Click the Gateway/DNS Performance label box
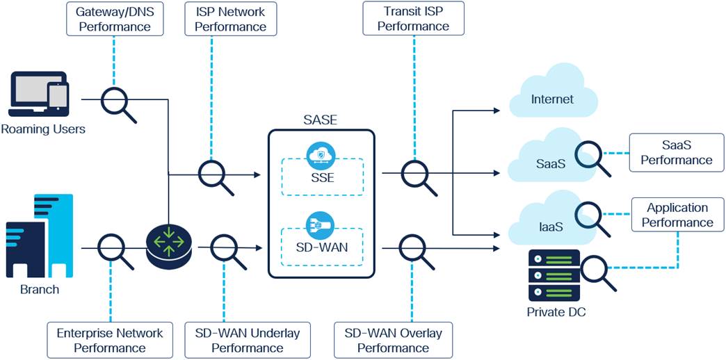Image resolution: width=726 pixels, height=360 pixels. [115, 19]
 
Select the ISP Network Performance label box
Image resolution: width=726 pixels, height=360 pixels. [231, 19]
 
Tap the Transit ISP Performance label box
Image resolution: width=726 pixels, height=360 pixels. [413, 19]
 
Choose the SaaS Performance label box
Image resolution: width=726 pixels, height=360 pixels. [677, 153]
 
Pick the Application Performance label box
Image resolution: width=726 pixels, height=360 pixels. [677, 215]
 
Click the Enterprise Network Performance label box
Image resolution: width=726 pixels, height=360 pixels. [110, 340]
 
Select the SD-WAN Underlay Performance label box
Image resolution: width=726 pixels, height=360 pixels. [248, 340]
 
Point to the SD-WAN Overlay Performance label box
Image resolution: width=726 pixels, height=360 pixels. [393, 340]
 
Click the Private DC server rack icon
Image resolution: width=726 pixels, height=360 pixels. [554, 275]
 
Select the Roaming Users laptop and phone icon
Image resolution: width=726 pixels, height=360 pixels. [39, 94]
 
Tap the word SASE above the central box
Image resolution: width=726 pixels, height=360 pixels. [321, 120]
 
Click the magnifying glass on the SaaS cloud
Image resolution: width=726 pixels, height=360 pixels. [592, 158]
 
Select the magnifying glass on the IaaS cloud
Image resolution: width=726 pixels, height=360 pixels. [592, 220]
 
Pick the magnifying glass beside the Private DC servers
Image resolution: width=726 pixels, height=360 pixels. [597, 273]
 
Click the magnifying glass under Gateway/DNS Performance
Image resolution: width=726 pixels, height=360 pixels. [118, 104]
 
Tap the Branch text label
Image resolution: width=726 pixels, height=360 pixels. [40, 290]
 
